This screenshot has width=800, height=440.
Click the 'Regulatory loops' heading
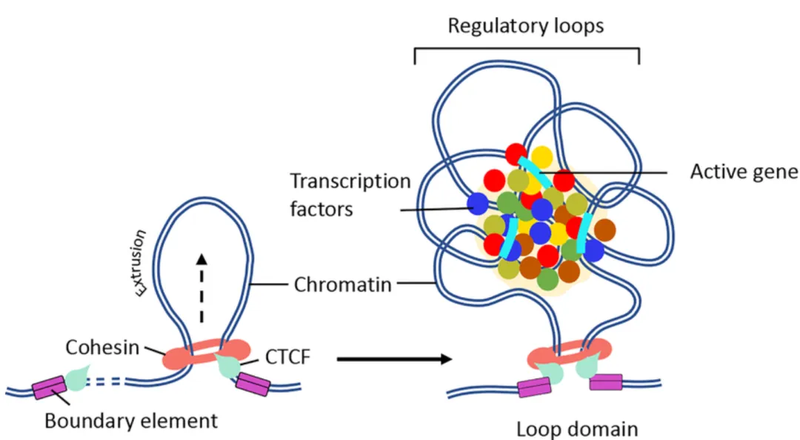[526, 26]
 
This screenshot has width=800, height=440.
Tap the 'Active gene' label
[744, 172]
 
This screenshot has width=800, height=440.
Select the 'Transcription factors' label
[350, 195]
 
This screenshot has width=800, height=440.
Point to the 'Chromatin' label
[343, 284]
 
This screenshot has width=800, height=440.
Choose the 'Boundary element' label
[131, 421]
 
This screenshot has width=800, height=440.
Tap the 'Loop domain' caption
[577, 429]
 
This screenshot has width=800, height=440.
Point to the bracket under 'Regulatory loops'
[526, 50]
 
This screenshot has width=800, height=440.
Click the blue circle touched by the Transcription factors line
[478, 203]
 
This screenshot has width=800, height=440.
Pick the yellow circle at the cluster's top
[541, 157]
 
